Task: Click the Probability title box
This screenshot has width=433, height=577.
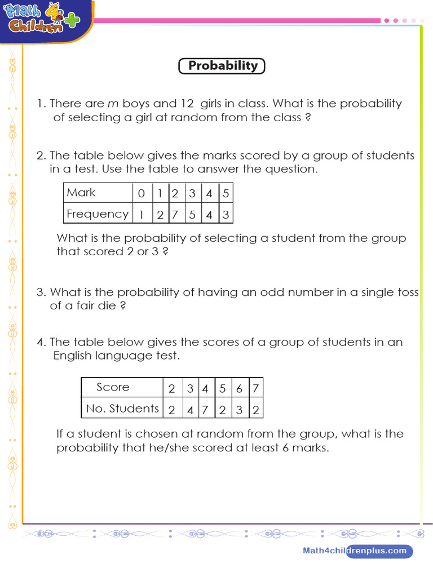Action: click(x=222, y=66)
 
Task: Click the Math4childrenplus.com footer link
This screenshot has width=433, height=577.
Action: click(x=354, y=551)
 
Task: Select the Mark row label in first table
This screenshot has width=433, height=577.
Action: click(x=82, y=193)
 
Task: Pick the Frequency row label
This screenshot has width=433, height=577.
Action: click(x=98, y=214)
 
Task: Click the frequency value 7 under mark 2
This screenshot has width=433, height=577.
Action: click(x=175, y=214)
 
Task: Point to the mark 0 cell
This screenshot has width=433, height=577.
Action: click(x=141, y=193)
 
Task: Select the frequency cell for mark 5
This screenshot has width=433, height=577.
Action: click(x=225, y=214)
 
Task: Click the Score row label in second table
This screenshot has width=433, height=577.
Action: click(x=113, y=387)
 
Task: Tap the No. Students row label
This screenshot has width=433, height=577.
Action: click(x=122, y=409)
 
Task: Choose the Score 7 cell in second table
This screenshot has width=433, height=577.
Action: click(x=255, y=388)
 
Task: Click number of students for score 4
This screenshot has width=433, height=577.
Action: click(x=205, y=410)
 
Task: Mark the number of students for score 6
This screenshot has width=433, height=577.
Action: click(x=239, y=410)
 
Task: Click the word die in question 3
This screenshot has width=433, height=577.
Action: click(x=106, y=306)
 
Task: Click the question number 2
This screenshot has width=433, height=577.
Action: click(x=40, y=156)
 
